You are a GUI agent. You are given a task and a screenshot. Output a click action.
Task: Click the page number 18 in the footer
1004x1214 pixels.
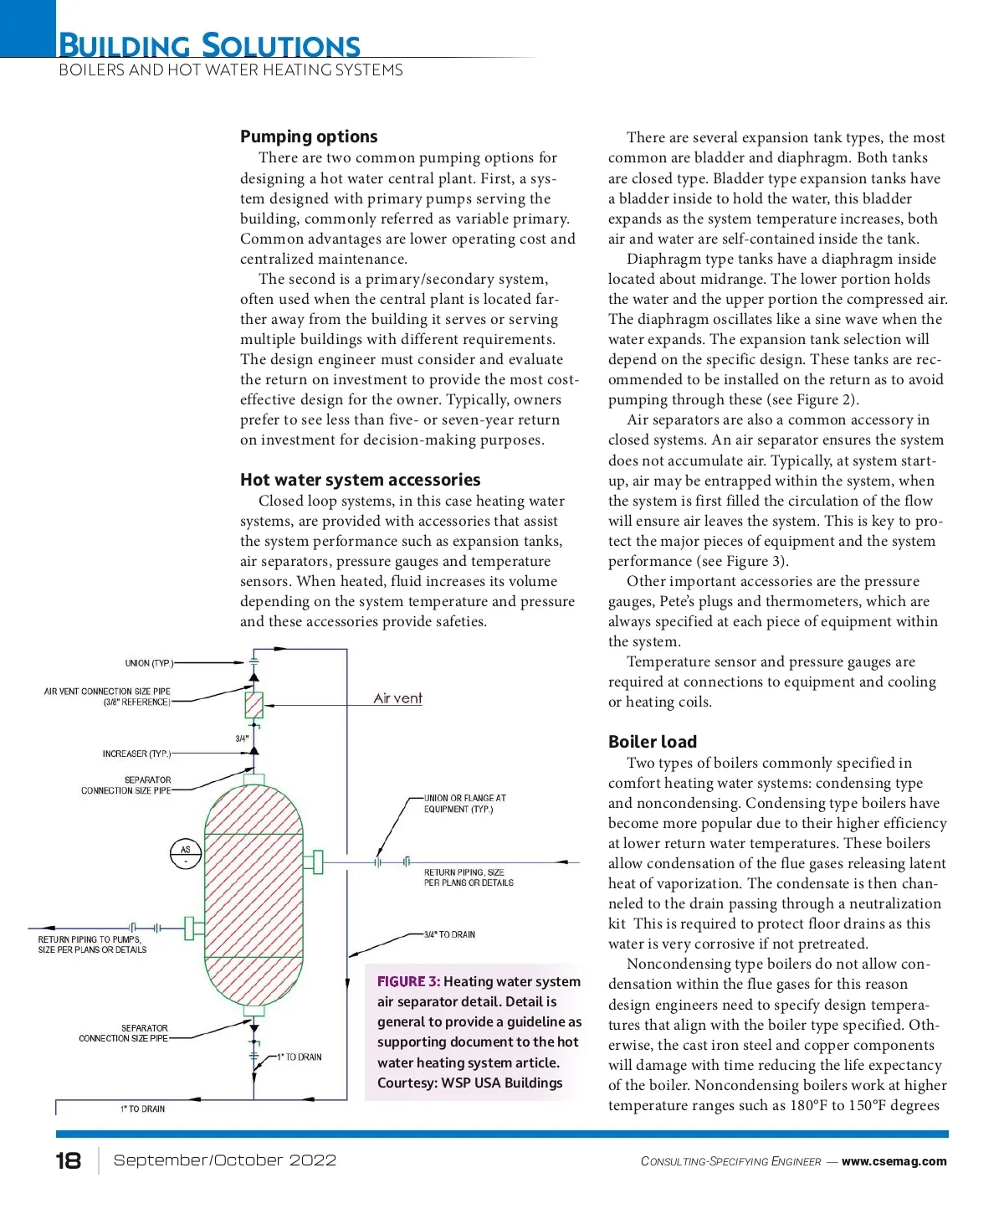pyautogui.click(x=69, y=1160)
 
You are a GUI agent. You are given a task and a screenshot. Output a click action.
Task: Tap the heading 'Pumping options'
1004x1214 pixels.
pyautogui.click(x=309, y=136)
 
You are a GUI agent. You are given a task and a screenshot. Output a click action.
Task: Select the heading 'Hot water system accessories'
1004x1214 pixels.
pyautogui.click(x=360, y=480)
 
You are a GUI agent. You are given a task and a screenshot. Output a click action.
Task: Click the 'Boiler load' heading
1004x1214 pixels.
pyautogui.click(x=652, y=742)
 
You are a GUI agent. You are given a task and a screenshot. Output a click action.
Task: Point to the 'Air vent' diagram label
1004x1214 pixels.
pyautogui.click(x=397, y=698)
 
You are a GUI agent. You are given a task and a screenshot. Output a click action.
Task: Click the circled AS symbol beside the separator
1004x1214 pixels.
pyautogui.click(x=186, y=853)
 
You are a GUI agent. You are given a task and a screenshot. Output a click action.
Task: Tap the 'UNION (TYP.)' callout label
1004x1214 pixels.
pyautogui.click(x=149, y=663)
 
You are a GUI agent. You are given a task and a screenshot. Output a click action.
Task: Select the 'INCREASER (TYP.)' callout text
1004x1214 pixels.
pyautogui.click(x=136, y=754)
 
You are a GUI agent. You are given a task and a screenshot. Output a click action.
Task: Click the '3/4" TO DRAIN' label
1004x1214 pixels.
pyautogui.click(x=449, y=934)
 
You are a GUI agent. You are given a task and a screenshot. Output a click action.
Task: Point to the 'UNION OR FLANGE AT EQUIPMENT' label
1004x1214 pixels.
pyautogui.click(x=464, y=804)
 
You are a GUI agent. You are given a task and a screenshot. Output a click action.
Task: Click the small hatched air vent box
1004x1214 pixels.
pyautogui.click(x=254, y=705)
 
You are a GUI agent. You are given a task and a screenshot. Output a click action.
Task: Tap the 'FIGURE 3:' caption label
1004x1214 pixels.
pyautogui.click(x=408, y=981)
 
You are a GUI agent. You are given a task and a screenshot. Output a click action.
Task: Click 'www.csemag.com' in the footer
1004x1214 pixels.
pyautogui.click(x=894, y=1161)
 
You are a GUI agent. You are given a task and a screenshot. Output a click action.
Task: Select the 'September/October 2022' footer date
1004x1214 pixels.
pyautogui.click(x=224, y=1160)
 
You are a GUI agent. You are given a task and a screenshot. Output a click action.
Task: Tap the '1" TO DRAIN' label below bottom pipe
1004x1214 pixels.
pyautogui.click(x=142, y=1109)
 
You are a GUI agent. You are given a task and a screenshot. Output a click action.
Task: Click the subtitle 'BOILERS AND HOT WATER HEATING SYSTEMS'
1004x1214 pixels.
pyautogui.click(x=231, y=70)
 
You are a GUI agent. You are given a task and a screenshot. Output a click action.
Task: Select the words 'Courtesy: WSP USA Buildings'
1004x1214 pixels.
pyautogui.click(x=469, y=1083)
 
